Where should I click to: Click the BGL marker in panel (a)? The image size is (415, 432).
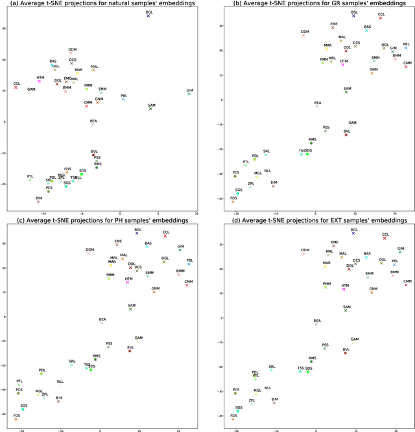coord(148,16)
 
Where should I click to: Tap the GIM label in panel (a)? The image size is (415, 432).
coord(189,89)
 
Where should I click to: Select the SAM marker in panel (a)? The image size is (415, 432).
coord(150,109)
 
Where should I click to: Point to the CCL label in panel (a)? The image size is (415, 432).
coord(16,84)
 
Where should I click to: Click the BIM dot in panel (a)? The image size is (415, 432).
coord(38,201)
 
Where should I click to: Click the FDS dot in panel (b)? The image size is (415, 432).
coord(233,202)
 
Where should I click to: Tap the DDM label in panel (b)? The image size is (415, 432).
coord(305,31)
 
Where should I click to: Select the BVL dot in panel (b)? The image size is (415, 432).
coord(346,135)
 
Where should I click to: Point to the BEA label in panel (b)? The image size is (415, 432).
coord(318,102)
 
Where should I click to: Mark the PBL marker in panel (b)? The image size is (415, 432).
coord(406,47)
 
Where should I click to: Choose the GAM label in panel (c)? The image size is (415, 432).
coord(139,337)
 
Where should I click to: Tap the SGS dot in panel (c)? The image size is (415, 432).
coord(23,409)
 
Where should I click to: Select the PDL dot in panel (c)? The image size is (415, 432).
coord(41,374)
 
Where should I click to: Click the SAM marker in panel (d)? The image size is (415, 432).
coord(346,310)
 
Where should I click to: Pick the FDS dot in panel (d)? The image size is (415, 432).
coord(233,419)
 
